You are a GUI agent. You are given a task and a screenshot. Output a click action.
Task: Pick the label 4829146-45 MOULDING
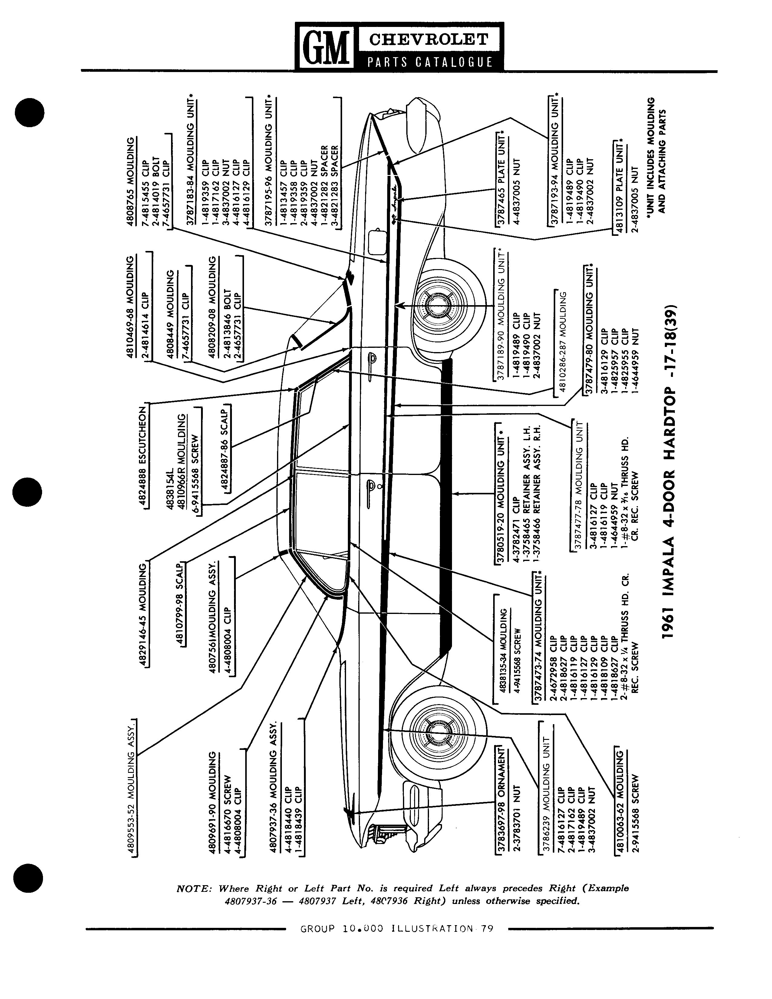(143, 614)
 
